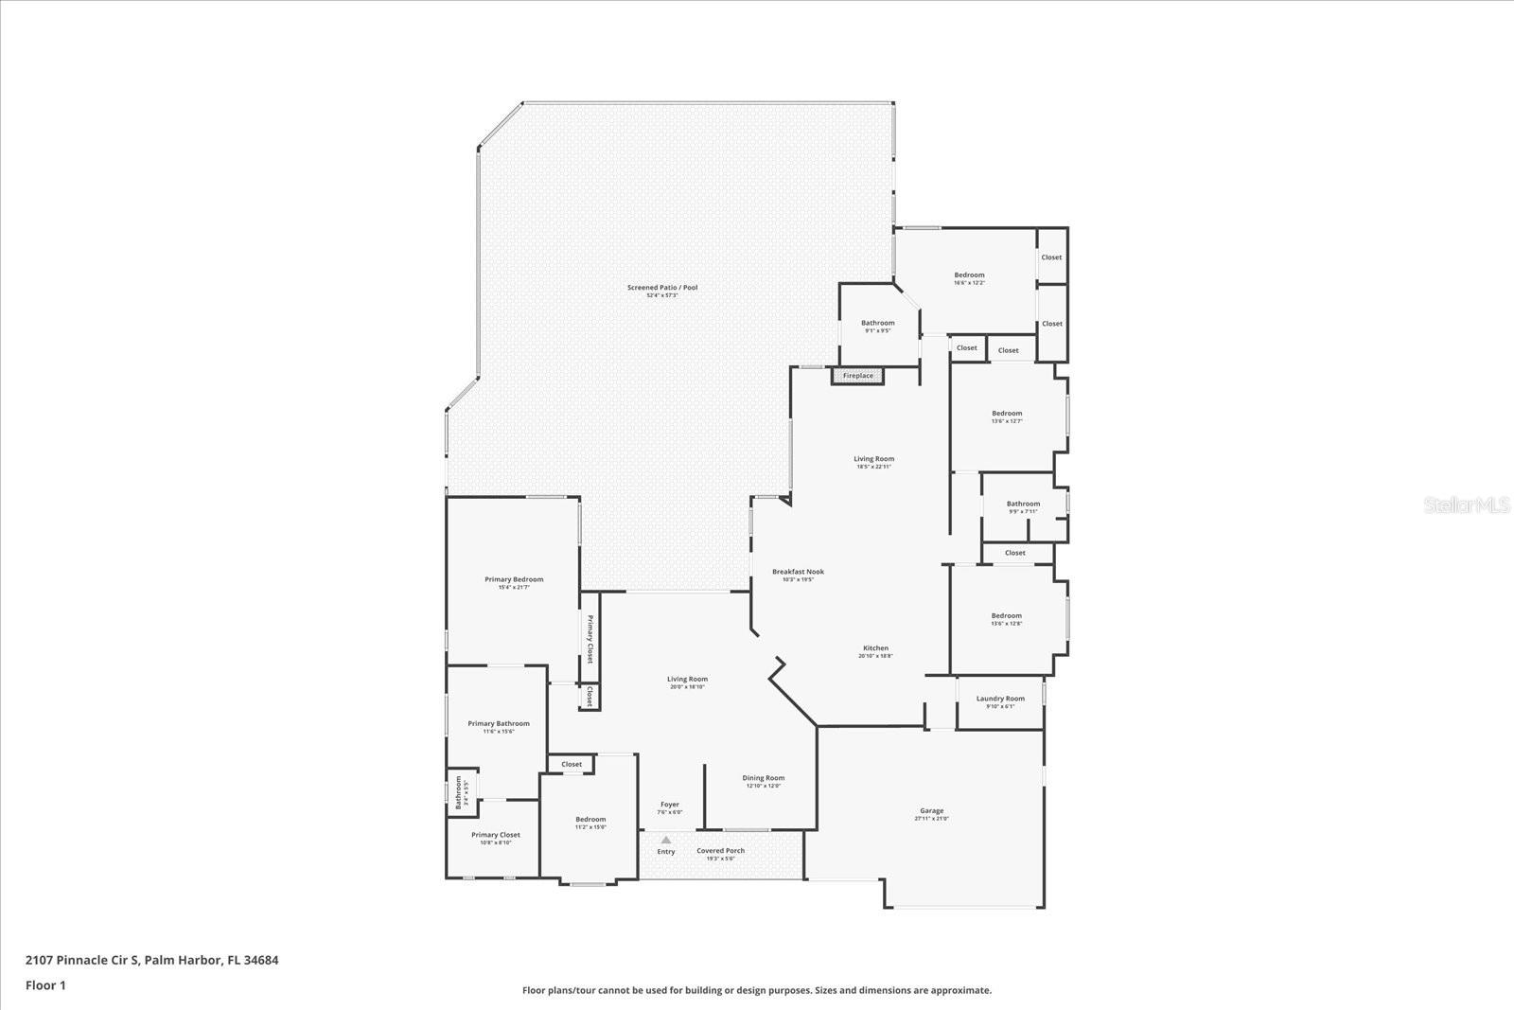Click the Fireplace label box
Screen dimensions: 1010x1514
tap(858, 376)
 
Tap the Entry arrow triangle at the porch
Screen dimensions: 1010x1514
tap(666, 840)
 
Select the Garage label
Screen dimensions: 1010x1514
tap(931, 811)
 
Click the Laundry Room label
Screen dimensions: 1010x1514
tap(1000, 699)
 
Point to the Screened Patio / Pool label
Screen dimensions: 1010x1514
tap(662, 288)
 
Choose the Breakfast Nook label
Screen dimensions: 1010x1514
tap(798, 572)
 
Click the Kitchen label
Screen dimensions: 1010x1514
tap(875, 648)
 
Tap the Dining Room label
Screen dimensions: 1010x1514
tap(763, 778)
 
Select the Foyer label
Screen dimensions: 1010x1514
tap(670, 805)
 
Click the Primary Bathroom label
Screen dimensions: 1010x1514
tap(499, 723)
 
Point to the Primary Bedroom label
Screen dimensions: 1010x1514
tap(514, 579)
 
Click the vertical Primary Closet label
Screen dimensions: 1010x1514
tap(590, 639)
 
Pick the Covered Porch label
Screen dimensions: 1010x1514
tap(720, 851)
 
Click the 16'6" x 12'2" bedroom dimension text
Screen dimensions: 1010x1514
tap(969, 283)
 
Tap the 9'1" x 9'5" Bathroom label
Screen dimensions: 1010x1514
tap(877, 323)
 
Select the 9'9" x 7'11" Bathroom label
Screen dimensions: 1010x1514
tap(1023, 505)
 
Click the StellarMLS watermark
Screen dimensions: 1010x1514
tap(1468, 505)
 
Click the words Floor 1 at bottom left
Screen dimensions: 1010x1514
tap(45, 985)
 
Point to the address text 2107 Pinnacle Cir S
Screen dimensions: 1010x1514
tap(83, 960)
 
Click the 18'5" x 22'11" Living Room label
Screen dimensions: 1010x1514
tap(873, 459)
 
